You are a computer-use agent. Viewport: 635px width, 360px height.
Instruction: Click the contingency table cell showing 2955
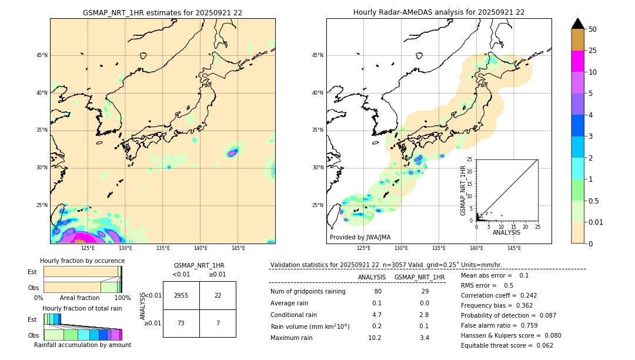[x=181, y=295]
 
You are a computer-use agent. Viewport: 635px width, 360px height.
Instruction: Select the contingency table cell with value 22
[x=218, y=295]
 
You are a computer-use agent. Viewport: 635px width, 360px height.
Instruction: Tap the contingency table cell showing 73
[x=181, y=324]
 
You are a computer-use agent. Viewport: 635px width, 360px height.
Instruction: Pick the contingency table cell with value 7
[x=218, y=324]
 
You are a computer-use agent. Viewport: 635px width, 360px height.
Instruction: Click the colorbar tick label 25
[x=593, y=51]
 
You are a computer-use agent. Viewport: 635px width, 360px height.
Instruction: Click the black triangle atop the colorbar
[x=578, y=24]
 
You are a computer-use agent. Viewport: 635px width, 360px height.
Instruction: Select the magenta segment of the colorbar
[x=578, y=61]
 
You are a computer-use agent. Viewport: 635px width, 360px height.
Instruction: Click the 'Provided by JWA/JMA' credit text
[x=360, y=237]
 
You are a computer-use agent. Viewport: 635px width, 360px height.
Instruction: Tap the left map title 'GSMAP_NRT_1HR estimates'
[x=162, y=12]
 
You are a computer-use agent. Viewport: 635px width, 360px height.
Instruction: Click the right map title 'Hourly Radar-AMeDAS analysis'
[x=439, y=12]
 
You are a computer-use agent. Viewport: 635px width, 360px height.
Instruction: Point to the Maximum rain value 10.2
[x=375, y=338]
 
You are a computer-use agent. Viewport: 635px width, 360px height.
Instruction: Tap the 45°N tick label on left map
[x=42, y=55]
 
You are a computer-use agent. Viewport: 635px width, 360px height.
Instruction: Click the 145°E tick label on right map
[x=514, y=248]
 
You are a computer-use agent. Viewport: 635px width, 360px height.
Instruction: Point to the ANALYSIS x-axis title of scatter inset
[x=506, y=232]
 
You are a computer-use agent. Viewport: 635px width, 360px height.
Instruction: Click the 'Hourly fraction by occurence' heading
[x=82, y=261]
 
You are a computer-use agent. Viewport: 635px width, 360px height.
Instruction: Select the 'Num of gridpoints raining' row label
[x=308, y=291]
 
